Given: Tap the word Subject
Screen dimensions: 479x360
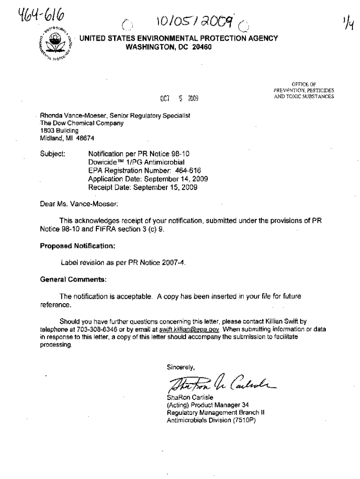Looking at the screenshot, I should (x=51, y=153).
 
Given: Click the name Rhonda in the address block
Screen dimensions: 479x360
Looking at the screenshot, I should (x=51, y=116).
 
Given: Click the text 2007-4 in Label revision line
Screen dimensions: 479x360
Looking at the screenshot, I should (x=171, y=262).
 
